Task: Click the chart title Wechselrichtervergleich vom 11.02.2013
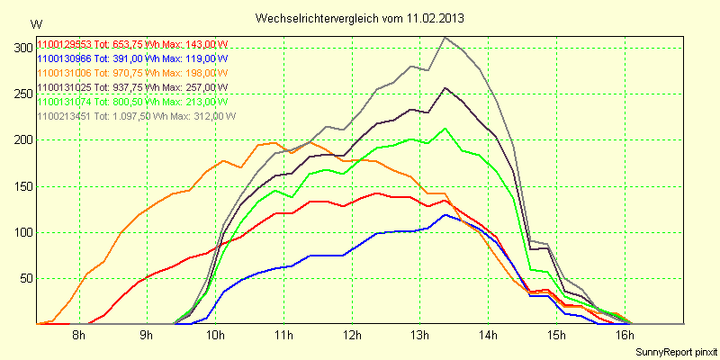click(x=360, y=18)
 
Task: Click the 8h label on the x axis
click(x=79, y=337)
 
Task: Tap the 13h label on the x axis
click(x=419, y=337)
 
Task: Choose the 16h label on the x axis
click(x=624, y=337)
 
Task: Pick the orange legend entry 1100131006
click(x=132, y=73)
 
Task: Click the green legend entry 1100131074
click(x=132, y=102)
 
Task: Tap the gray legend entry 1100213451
click(x=136, y=116)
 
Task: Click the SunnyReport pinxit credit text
click(x=676, y=351)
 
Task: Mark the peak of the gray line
click(x=445, y=37)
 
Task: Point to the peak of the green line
click(x=445, y=128)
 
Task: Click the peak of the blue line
click(x=445, y=215)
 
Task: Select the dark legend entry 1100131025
click(x=132, y=87)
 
